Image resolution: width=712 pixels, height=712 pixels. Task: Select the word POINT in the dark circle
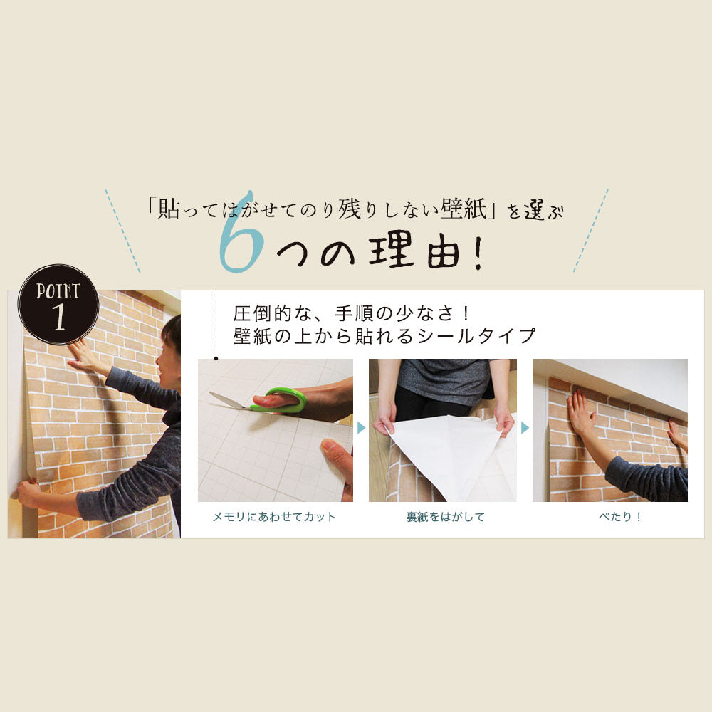pos(58,291)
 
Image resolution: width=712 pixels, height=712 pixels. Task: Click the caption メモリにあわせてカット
pos(274,517)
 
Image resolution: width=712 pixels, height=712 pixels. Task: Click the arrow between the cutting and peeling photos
pos(361,428)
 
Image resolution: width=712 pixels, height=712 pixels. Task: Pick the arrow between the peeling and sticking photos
pos(525,428)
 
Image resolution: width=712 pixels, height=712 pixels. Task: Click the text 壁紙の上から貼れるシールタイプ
pos(384,336)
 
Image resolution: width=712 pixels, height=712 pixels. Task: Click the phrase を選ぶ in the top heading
pos(535,211)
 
